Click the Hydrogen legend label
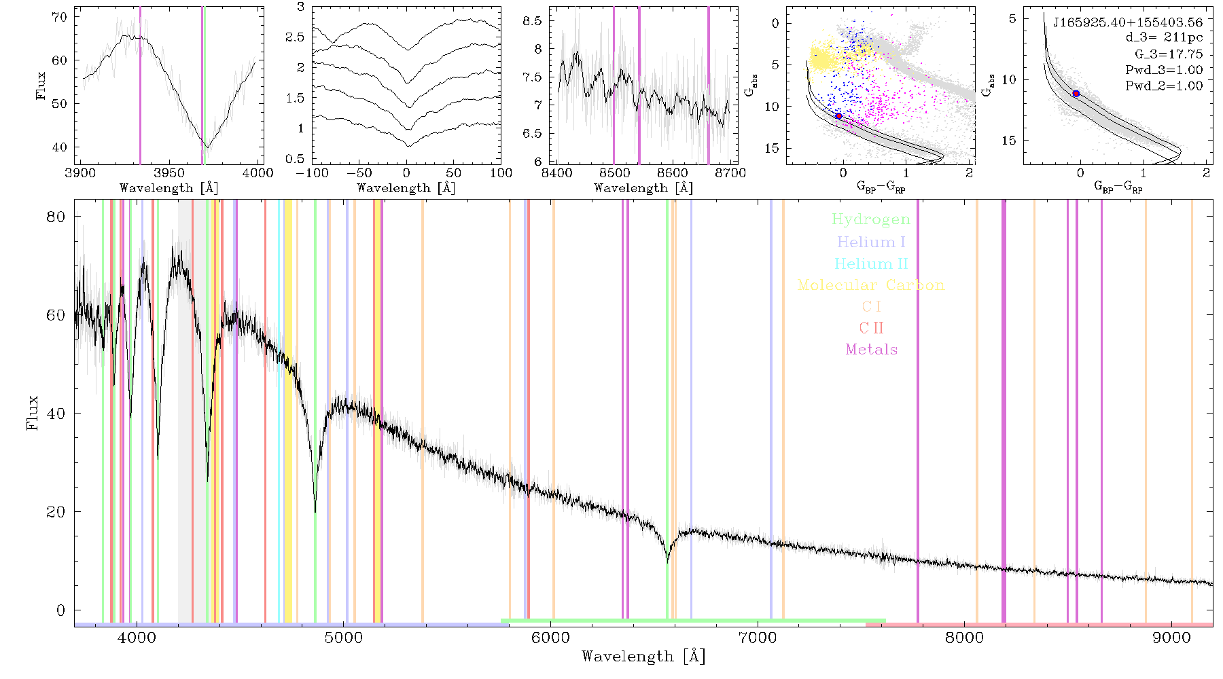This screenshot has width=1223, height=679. coord(870,220)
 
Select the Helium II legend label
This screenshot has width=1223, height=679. coord(871,263)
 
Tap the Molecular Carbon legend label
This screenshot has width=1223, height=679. coord(871,285)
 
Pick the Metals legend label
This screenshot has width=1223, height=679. coord(871,349)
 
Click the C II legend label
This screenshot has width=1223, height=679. coord(871,328)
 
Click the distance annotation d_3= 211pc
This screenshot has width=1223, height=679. coord(1164,38)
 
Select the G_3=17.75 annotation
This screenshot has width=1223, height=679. coord(1169,54)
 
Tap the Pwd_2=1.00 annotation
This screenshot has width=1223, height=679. coord(1164,86)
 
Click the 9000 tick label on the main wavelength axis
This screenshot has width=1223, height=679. coord(1171,638)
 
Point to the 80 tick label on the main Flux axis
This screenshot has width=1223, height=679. coord(56,217)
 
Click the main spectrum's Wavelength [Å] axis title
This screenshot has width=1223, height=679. coord(643,657)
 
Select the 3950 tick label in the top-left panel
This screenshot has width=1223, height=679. coord(169,173)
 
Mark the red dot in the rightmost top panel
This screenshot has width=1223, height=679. coord(1076,94)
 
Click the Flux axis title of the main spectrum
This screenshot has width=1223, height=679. coord(32,413)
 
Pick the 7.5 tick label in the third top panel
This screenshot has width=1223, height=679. coord(532,77)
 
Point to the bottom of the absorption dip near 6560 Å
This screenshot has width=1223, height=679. coord(667,561)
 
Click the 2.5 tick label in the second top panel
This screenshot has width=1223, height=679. coord(296,37)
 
